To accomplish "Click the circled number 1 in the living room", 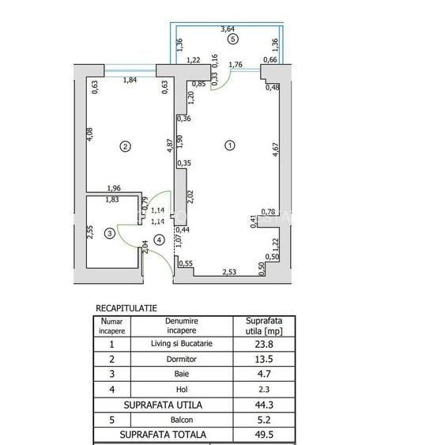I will tap(230, 145).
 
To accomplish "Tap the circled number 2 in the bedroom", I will tap(124, 145).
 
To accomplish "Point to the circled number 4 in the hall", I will tap(160, 239).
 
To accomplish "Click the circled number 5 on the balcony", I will tap(232, 38).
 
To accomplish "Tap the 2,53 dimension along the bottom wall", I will tap(230, 272).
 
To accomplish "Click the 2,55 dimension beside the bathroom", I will tap(90, 232).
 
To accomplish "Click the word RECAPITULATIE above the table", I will tap(126, 307).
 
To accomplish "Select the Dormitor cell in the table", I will tap(181, 359).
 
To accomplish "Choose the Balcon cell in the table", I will tap(181, 420).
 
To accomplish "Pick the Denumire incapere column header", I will tap(181, 326).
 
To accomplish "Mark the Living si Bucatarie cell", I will tap(181, 344).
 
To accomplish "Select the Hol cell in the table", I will tap(181, 390).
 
